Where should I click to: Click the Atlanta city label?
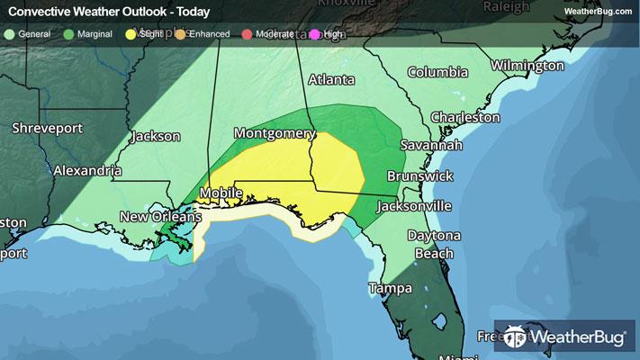pos(331,79)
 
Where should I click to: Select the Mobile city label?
pos(221,193)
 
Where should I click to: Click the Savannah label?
pos(432,145)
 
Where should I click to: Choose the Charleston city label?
pos(464,117)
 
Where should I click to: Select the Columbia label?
pos(437,72)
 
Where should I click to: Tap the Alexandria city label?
pos(87,169)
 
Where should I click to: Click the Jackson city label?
pos(155,137)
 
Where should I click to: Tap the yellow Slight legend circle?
pos(131,34)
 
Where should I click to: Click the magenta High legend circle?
pos(313,34)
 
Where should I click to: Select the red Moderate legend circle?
pos(248,34)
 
